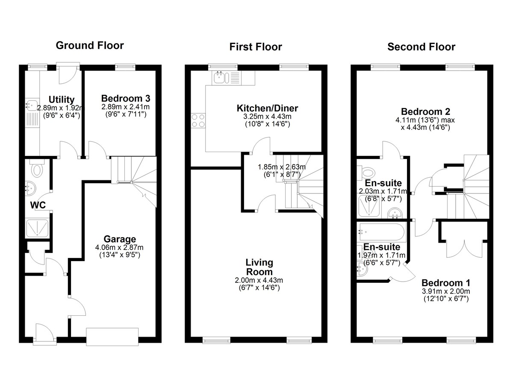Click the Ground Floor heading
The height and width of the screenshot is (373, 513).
coord(90,46)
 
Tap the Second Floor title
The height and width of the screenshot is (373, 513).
coord(422,47)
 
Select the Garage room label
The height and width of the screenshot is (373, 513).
coord(120,239)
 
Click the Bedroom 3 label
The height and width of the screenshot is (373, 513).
coord(126,98)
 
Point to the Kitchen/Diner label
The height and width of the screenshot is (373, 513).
coord(267,108)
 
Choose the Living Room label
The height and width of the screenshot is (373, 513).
coord(259,267)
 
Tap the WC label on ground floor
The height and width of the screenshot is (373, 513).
coord(38,205)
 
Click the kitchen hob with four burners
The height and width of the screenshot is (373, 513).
coord(198,120)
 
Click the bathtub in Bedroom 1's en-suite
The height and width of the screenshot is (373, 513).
coord(381,232)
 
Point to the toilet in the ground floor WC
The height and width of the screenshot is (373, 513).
coord(37,168)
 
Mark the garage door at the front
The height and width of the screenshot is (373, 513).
coord(112,336)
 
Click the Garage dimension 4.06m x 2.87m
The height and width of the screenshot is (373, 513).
coord(119,247)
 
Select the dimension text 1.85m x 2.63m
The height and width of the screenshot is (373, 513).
coord(281,167)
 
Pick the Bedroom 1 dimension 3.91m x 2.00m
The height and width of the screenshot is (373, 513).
coord(445,291)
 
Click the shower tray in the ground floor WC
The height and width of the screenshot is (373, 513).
coord(37,228)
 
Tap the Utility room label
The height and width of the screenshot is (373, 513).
coord(62,100)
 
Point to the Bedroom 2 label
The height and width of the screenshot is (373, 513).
coord(425,112)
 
